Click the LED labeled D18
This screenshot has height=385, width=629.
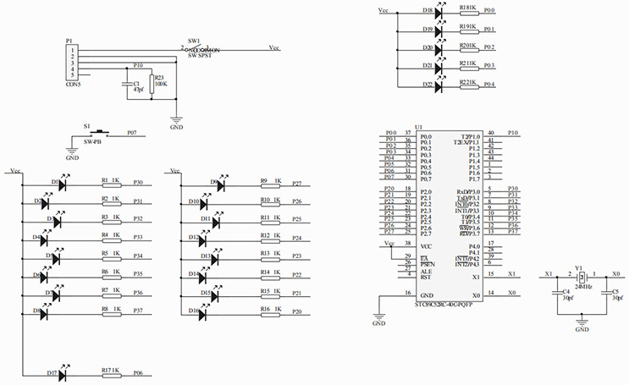(x=439, y=11)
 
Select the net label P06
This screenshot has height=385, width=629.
(x=138, y=372)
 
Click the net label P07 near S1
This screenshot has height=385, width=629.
(x=131, y=133)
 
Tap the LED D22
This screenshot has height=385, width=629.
(x=439, y=84)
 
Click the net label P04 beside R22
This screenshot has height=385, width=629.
(x=513, y=85)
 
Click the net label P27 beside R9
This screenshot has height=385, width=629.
(x=296, y=183)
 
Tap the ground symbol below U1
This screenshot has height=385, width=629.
(x=378, y=320)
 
